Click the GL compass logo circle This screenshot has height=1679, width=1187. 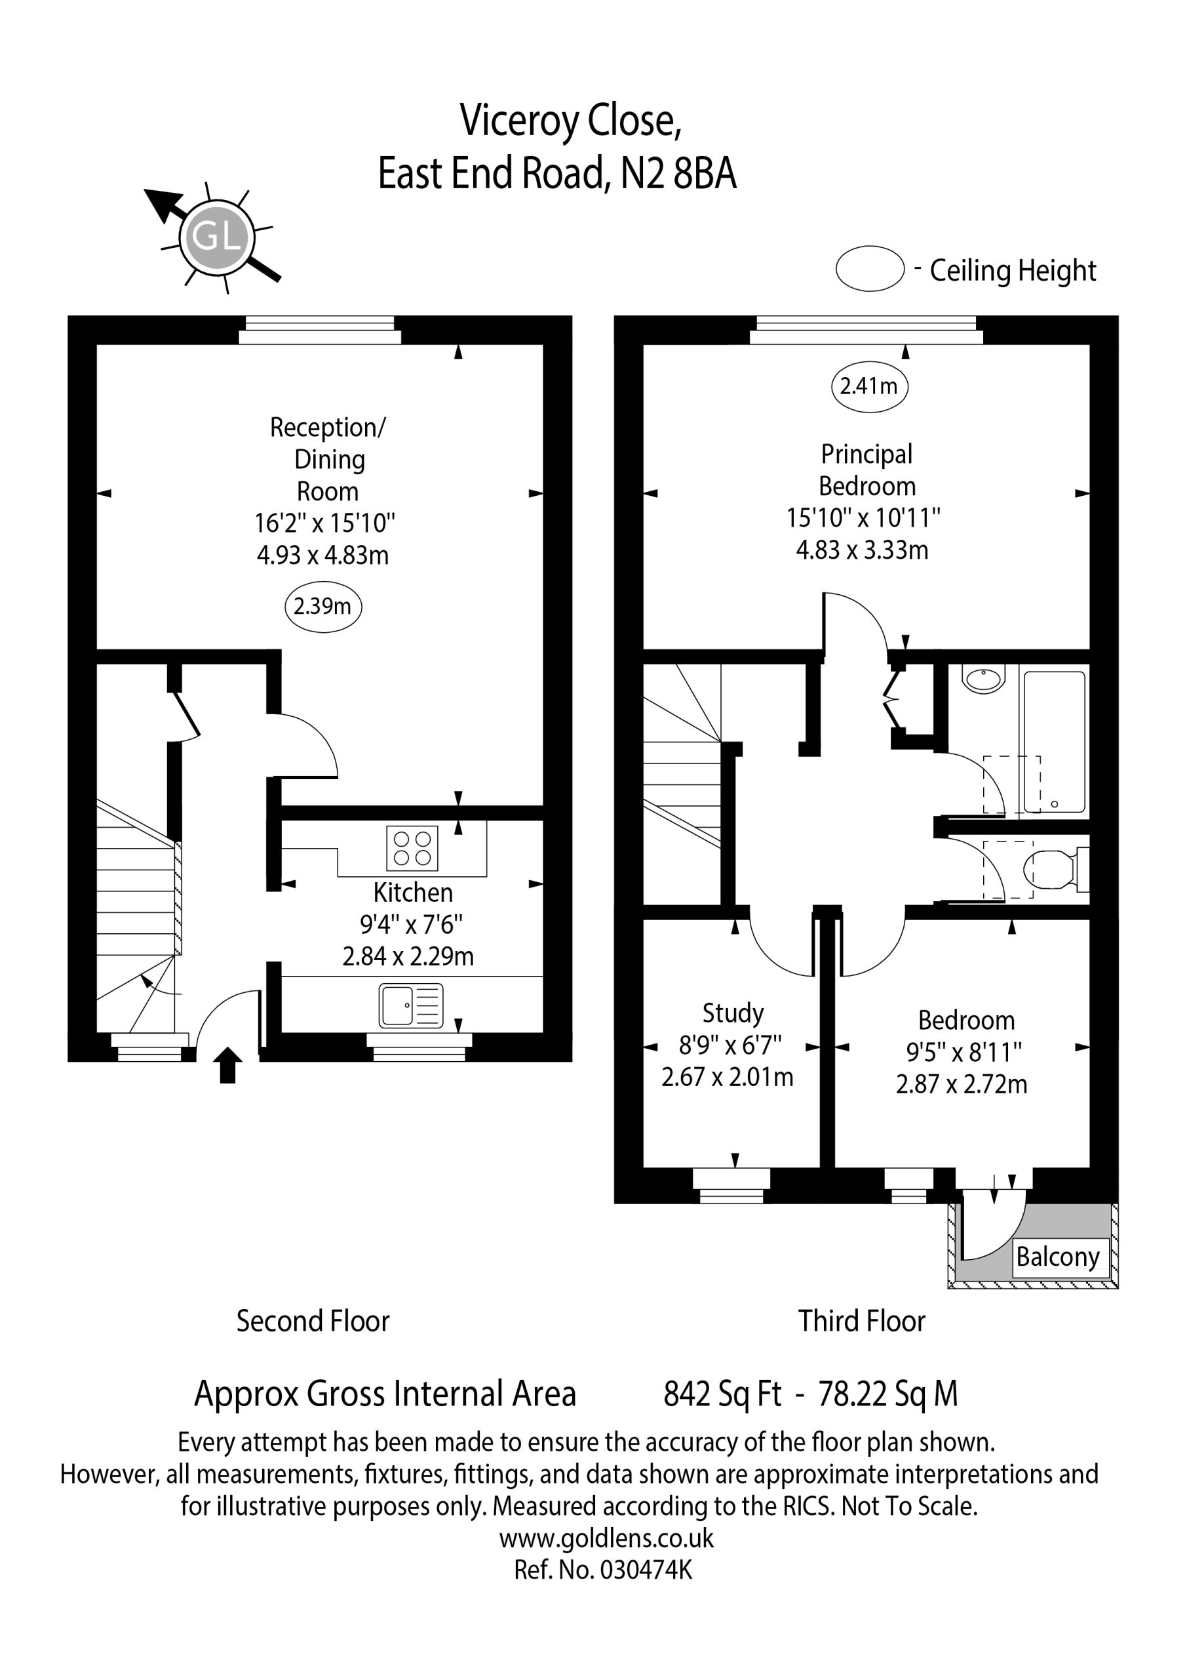217,236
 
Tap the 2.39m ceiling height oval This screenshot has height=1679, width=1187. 323,607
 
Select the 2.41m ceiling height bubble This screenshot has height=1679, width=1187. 869,386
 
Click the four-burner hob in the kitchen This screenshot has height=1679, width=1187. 412,848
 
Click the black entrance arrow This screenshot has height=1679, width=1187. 228,1064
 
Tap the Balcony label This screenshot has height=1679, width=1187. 1058,1257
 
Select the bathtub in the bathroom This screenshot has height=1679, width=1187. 1054,742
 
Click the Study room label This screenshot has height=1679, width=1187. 733,1013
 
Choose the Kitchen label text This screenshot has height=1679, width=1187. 413,893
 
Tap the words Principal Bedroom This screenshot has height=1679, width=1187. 867,470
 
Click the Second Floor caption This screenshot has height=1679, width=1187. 313,1322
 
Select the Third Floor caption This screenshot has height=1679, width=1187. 862,1322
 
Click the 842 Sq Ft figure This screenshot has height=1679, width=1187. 723,1394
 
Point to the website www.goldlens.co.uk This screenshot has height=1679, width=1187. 607,1539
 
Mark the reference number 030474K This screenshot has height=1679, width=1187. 646,1570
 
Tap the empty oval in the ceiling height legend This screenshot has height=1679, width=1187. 870,269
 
